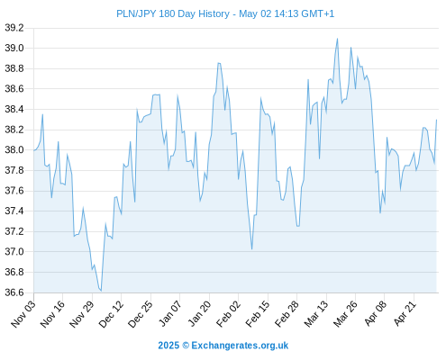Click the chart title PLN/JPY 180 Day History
(x=173, y=13)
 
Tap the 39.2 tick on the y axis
(x=14, y=28)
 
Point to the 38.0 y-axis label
(x=14, y=150)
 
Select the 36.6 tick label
(x=14, y=292)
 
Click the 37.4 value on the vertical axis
(x=14, y=211)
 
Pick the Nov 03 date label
(x=23, y=314)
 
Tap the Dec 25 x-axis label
(x=141, y=314)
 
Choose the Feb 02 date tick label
(x=229, y=314)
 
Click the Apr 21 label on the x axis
(x=405, y=314)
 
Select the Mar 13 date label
(x=316, y=314)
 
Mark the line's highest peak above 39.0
(x=337, y=39)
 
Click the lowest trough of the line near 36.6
(x=101, y=291)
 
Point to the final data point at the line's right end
(x=436, y=120)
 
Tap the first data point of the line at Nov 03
(x=34, y=150)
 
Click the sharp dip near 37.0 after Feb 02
(x=251, y=249)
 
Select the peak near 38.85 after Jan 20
(x=219, y=63)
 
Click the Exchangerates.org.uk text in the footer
(x=240, y=346)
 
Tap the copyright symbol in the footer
(x=186, y=346)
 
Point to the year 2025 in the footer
(x=168, y=346)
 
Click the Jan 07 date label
(x=170, y=314)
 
